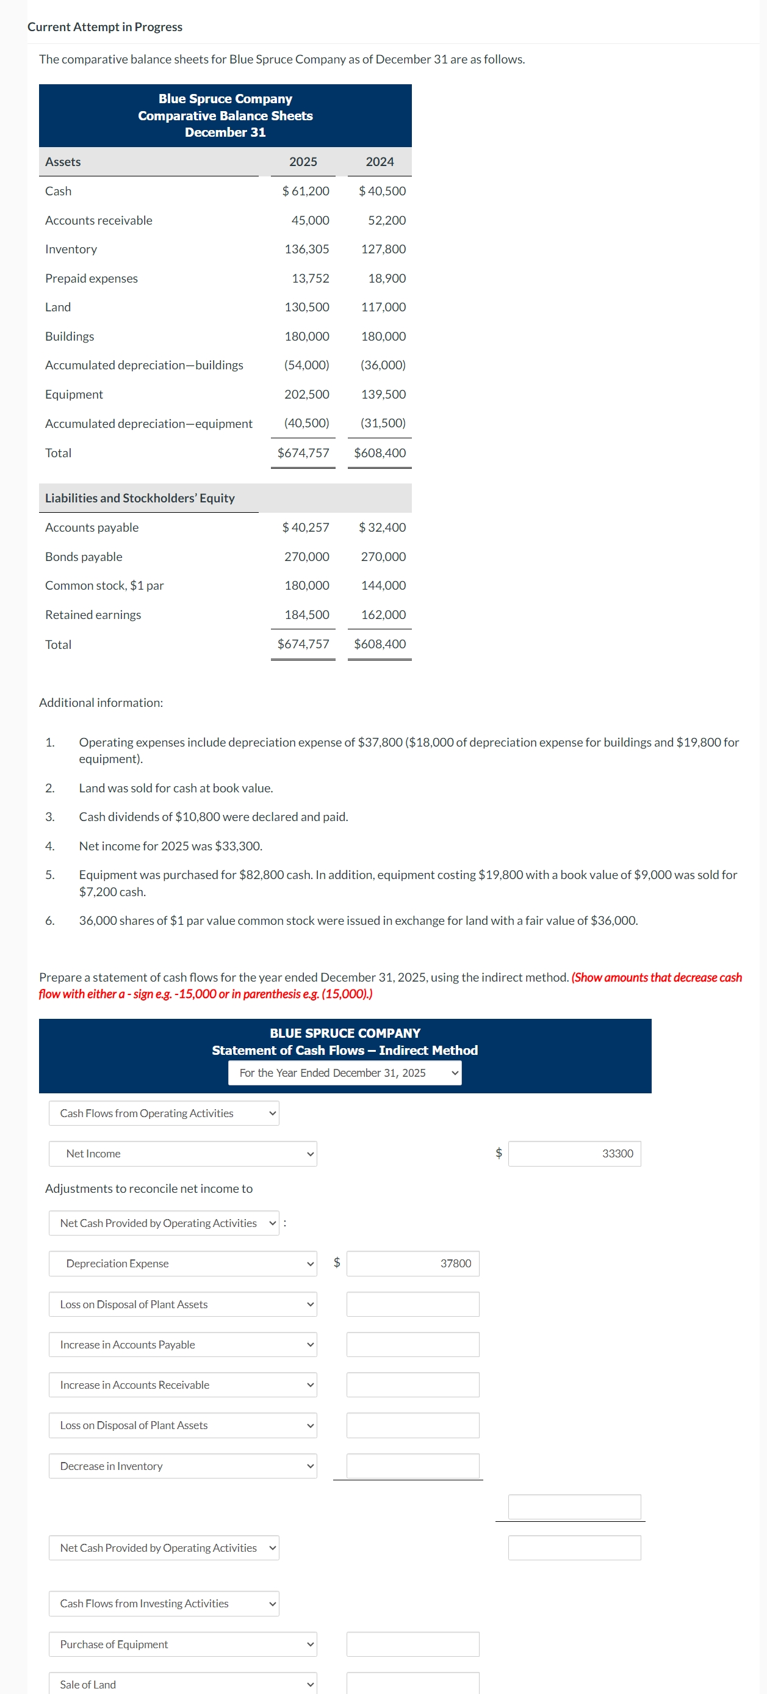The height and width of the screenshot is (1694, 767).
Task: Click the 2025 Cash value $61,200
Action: click(306, 190)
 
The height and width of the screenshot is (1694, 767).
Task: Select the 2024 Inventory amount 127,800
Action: click(383, 249)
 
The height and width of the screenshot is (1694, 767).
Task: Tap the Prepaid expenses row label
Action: click(92, 278)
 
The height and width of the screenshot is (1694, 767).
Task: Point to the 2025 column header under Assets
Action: click(303, 162)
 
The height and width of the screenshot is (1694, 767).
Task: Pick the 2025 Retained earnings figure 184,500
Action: click(306, 614)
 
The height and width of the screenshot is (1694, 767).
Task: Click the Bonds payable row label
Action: click(84, 556)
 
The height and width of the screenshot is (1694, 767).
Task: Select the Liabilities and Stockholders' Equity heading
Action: click(139, 498)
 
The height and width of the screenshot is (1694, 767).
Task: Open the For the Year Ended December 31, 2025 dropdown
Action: click(344, 1073)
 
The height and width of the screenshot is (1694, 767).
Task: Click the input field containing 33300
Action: click(574, 1153)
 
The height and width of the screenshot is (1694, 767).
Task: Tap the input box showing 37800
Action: click(412, 1263)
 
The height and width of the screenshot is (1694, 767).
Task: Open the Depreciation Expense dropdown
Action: click(182, 1263)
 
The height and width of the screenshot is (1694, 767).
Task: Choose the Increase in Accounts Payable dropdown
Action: click(182, 1344)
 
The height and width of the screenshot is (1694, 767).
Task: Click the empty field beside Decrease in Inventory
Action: click(412, 1466)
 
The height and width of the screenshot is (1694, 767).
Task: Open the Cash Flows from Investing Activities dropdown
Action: click(164, 1603)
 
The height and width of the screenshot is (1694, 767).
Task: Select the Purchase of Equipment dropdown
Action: click(182, 1644)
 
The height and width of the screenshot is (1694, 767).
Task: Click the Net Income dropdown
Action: click(182, 1153)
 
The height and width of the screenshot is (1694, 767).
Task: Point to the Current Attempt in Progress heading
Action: click(105, 27)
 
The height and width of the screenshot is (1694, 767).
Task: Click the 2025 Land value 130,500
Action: click(306, 307)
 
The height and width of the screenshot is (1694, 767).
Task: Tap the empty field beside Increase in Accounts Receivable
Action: click(412, 1385)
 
